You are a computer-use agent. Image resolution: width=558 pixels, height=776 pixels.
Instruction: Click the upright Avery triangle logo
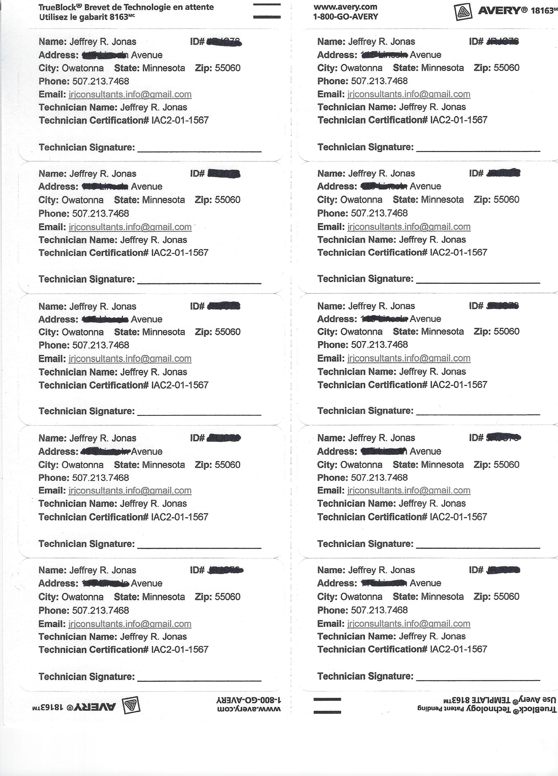pyautogui.click(x=463, y=12)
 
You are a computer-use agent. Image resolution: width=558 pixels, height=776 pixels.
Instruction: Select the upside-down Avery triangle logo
pyautogui.click(x=131, y=705)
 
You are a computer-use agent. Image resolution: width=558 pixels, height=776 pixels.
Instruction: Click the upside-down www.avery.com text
pyautogui.click(x=249, y=709)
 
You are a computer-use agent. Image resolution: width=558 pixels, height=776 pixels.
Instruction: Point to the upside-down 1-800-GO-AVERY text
pyautogui.click(x=248, y=700)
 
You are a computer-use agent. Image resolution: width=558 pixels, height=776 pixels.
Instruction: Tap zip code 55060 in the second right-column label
pyautogui.click(x=506, y=200)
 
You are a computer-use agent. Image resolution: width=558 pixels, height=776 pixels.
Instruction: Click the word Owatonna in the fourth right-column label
pyautogui.click(x=361, y=465)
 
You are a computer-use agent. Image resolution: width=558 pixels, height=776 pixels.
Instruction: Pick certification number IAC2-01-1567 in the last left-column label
pyautogui.click(x=179, y=649)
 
